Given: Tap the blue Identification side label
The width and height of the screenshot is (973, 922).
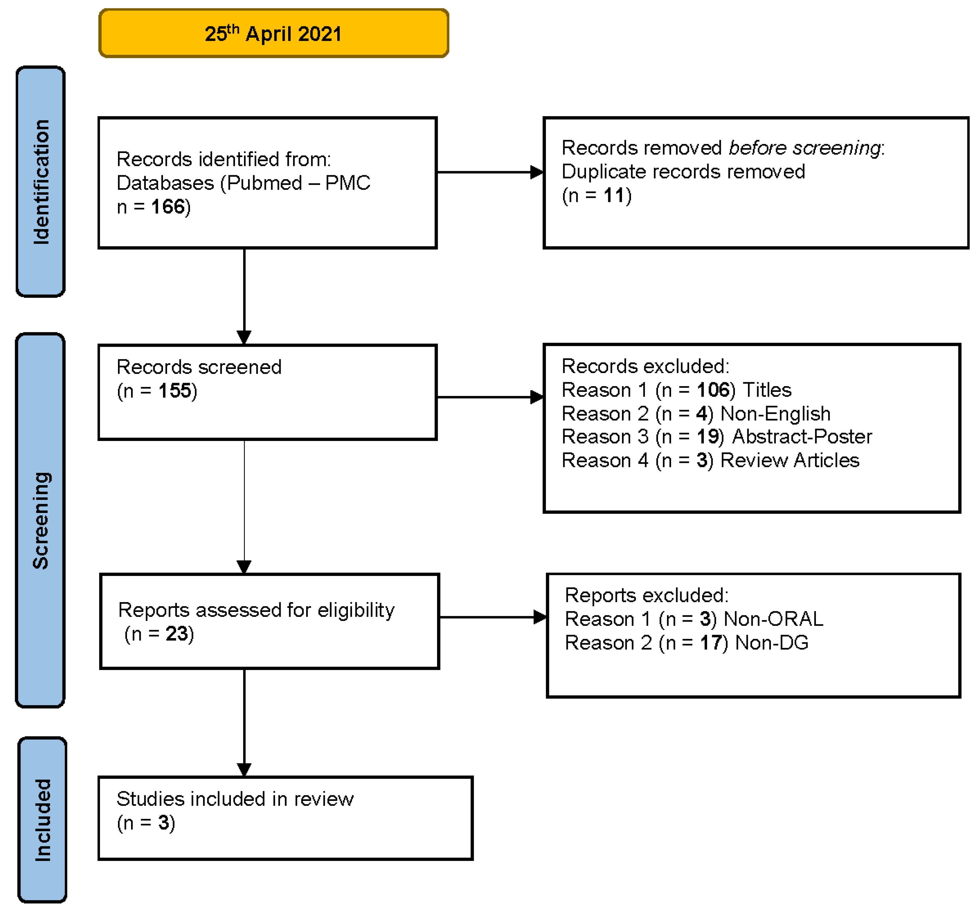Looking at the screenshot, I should coord(41,182).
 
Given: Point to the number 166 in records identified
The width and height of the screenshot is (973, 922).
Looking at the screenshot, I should coord(168,207).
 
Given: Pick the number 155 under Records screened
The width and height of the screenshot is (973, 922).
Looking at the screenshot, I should coord(175,391).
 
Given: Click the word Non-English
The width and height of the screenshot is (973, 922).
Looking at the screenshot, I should coord(776,414).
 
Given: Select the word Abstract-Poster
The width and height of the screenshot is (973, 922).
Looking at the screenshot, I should coord(802,437).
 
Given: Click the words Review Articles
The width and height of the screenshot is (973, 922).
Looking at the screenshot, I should coord(790,460).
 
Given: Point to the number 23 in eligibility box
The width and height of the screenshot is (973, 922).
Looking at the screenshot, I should coord(176,634).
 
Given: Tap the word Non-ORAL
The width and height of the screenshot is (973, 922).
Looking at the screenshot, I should coord(773,619).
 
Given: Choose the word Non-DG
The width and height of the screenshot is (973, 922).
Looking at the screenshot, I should coord(772,643).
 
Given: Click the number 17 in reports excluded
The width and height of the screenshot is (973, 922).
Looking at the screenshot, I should coord(711,643).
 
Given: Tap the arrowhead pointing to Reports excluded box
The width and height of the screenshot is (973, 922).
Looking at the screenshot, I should coord(540,617).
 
